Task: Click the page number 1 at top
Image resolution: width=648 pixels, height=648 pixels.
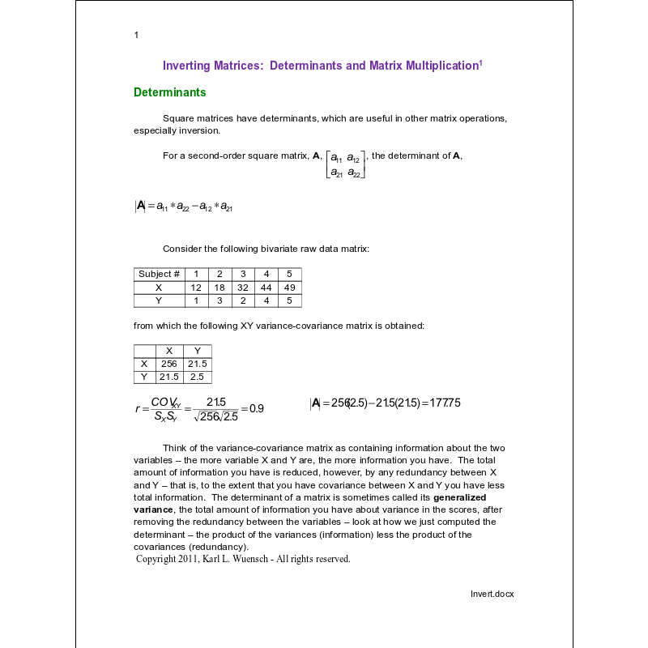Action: pos(136,35)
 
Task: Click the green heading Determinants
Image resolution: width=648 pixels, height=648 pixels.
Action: pos(169,92)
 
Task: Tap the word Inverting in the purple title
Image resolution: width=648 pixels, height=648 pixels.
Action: pos(189,66)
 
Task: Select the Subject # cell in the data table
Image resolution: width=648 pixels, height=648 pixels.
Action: pos(159,274)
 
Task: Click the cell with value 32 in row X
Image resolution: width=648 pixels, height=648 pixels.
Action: pos(243,288)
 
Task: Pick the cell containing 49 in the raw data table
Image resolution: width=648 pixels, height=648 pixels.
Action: pos(290,288)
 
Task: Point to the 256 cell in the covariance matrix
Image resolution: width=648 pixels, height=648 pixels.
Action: pos(168,364)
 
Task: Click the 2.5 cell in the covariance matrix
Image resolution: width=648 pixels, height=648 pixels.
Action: pos(197,377)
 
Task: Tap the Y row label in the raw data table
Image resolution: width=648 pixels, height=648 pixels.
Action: pos(159,301)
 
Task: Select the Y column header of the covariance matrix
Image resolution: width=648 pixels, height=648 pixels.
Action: pos(197,351)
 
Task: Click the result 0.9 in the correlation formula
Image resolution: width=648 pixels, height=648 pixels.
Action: pos(256,408)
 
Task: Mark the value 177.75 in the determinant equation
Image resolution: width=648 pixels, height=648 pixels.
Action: pos(443,403)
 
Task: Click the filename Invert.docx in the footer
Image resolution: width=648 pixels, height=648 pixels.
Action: pos(492,594)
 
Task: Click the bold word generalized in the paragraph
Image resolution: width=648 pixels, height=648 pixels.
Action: pos(459,497)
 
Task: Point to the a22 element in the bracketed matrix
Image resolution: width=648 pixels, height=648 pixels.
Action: pos(354,172)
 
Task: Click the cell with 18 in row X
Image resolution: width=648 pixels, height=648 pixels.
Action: pos(220,288)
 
